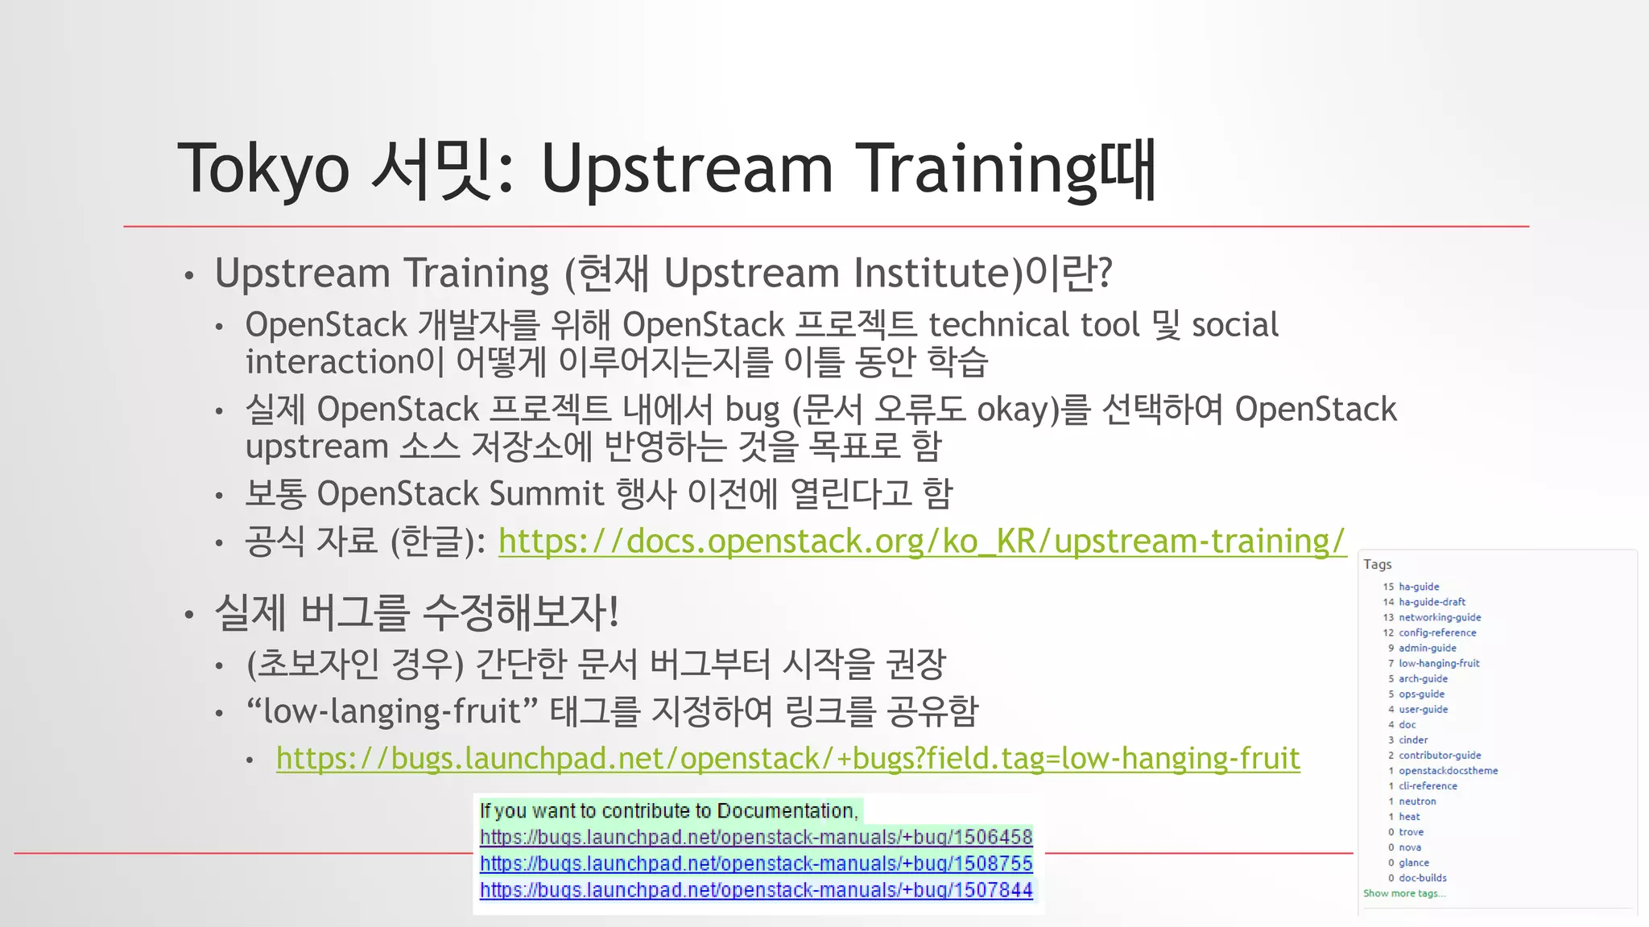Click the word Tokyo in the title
[263, 169]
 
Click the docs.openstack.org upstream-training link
[921, 542]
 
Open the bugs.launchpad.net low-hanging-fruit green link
[787, 759]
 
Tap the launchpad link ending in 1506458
[755, 837]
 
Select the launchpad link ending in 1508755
[755, 863]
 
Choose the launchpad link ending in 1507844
[755, 890]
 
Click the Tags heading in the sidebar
[1377, 564]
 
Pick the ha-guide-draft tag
[1432, 602]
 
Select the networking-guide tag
[1439, 617]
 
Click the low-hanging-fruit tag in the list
[1438, 663]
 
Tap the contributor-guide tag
[1439, 755]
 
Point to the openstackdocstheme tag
[1448, 770]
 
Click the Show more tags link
[1403, 893]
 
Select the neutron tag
[1416, 801]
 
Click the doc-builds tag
[1422, 878]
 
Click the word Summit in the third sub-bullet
[546, 494]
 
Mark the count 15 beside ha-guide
[1387, 587]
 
